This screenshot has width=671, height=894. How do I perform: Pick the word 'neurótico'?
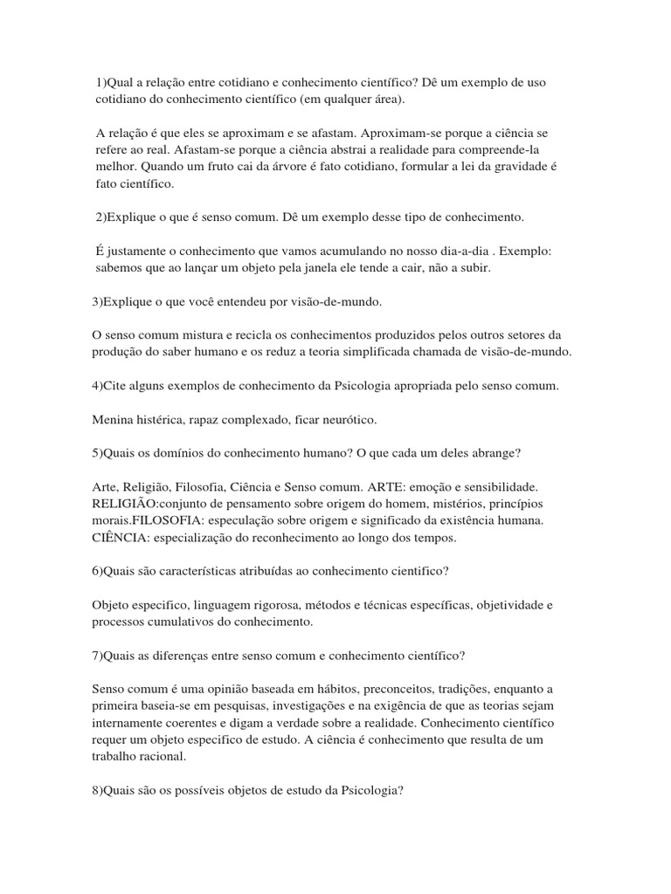(345, 420)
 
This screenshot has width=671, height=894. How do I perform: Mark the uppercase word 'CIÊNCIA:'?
(121, 538)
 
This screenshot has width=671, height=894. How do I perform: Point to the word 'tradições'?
(460, 688)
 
